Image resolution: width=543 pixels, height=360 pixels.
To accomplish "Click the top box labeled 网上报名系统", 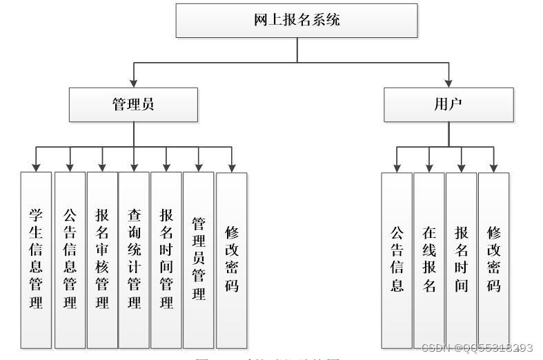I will [297, 20].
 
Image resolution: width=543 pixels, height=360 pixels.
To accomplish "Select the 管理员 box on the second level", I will [133, 104].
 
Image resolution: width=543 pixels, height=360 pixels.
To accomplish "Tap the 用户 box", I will [448, 104].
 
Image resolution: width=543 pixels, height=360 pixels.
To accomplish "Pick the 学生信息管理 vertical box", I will [36, 259].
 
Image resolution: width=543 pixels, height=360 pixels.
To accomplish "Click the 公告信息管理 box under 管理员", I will [69, 259].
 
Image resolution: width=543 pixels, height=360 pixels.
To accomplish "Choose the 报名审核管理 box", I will [102, 259].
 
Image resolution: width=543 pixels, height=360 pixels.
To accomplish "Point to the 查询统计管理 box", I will [134, 259].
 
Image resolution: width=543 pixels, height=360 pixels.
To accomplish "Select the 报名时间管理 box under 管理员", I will [166, 259].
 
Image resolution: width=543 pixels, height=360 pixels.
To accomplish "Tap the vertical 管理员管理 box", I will [199, 259].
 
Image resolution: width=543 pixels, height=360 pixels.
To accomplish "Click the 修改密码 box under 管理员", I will [232, 259].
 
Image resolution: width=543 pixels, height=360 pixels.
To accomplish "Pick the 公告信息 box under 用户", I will [397, 259].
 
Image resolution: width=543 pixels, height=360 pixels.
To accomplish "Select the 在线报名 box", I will [429, 259].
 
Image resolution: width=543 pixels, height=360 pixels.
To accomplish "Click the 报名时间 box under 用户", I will [461, 259].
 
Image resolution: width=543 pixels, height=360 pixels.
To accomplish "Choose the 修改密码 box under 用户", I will [493, 259].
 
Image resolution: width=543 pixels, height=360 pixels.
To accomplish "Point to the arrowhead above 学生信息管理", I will [36, 167].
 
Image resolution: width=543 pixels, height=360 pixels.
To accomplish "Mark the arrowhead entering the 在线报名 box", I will [429, 168].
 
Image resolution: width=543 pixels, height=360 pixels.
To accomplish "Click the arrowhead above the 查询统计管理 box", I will [134, 167].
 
